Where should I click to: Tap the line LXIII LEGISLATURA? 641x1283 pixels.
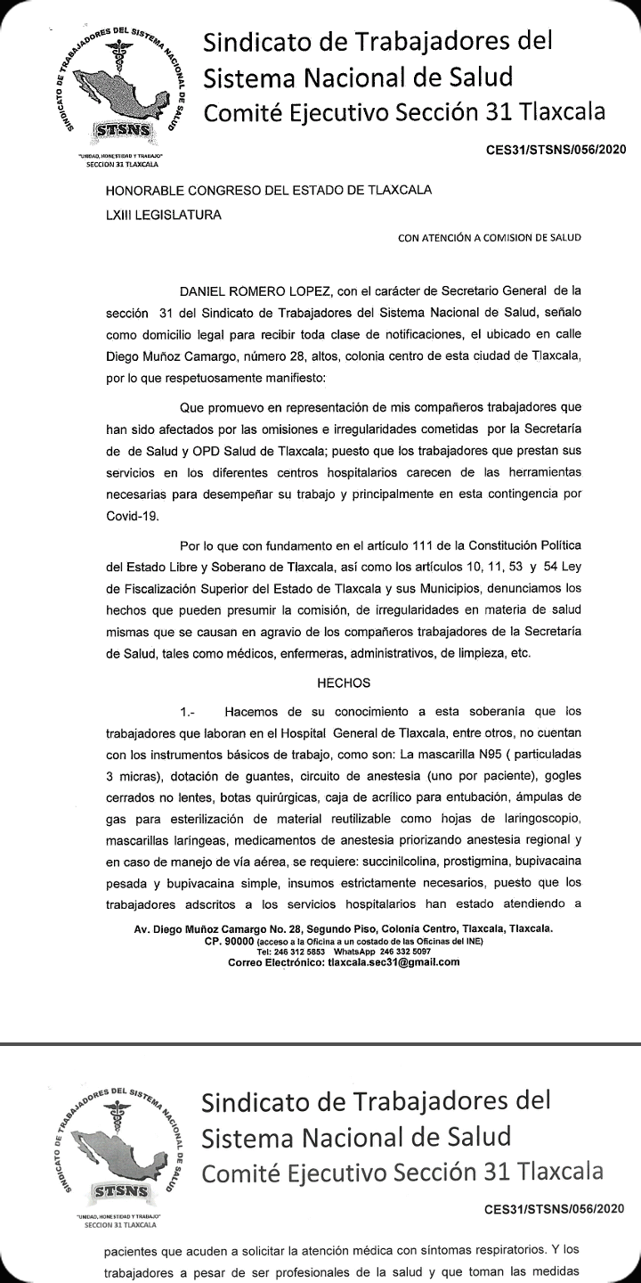coord(164,214)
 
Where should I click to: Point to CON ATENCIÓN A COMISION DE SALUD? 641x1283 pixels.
coord(489,238)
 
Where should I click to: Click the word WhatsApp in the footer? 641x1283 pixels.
coord(355,951)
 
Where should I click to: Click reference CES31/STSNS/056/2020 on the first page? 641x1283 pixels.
coord(556,149)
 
